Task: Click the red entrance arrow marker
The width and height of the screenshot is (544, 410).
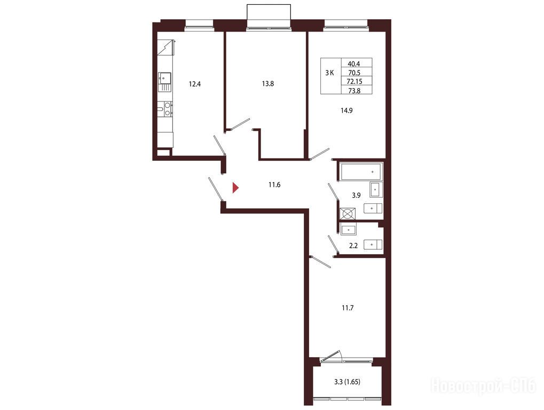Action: [x=235, y=188]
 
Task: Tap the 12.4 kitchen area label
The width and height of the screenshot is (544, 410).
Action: [x=195, y=84]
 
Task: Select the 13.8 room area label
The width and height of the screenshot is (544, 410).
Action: [x=268, y=84]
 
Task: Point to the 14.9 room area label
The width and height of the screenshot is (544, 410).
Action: [x=346, y=111]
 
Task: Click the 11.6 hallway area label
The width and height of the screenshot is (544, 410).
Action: [x=274, y=185]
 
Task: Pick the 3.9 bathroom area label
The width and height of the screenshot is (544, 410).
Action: [x=356, y=195]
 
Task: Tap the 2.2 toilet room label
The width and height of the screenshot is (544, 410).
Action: [x=353, y=246]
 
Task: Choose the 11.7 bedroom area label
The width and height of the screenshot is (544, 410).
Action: [x=348, y=307]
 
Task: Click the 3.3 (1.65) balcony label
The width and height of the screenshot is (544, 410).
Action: [x=347, y=382]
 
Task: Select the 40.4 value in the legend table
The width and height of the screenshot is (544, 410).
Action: [x=354, y=64]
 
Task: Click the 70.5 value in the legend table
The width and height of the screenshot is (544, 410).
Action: [x=354, y=73]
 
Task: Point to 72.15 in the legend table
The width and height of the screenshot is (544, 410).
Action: [x=354, y=82]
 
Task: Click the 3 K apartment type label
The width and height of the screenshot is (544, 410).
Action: [x=329, y=73]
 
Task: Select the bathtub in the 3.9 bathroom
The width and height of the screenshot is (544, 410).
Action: [x=360, y=172]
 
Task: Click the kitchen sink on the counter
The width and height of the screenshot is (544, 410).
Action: [x=165, y=82]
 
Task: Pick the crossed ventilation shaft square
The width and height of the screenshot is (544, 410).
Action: [x=348, y=214]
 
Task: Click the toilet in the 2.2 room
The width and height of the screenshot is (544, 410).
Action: [x=373, y=245]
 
